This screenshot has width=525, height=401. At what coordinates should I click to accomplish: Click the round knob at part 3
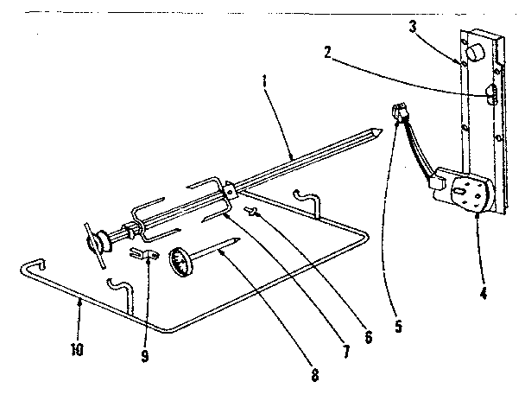(474, 55)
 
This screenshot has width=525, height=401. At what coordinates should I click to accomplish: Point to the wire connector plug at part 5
(400, 111)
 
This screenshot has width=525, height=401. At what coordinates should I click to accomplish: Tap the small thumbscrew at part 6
(253, 212)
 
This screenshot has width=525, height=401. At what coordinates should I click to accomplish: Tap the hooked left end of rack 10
(29, 264)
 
